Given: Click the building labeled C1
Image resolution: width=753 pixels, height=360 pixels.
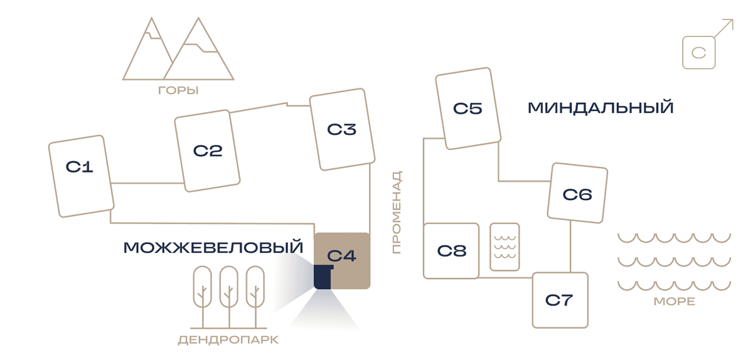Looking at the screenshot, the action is [82, 176].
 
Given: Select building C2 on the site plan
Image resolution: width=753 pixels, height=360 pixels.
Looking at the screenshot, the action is [207, 151].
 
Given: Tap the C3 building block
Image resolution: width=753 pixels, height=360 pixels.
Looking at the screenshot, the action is [342, 129].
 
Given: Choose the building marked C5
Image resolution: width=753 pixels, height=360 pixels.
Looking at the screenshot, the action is [468, 109].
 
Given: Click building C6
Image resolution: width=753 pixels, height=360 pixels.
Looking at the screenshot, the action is [577, 193].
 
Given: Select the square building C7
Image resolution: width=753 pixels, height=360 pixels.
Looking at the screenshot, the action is [560, 300].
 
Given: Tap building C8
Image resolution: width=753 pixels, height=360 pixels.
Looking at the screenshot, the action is [451, 251].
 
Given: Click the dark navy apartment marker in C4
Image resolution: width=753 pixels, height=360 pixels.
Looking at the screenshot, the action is [323, 277].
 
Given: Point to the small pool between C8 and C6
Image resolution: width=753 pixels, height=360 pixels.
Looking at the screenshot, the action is [505, 246].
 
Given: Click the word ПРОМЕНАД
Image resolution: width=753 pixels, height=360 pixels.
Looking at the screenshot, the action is [397, 212].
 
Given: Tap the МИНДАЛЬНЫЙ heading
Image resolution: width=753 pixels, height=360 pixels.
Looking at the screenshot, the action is [601, 107].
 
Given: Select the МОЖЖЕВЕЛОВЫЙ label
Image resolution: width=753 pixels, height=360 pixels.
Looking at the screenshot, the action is [213, 247].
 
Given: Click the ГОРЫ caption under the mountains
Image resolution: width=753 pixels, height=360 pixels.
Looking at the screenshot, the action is [178, 90].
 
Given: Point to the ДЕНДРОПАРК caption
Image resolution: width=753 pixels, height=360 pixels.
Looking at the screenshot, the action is [228, 340].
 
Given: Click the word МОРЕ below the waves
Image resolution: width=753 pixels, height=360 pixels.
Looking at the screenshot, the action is [675, 302].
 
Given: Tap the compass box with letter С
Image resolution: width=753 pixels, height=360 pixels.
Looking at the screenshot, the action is [699, 53].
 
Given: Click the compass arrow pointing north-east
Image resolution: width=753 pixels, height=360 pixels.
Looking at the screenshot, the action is [723, 28].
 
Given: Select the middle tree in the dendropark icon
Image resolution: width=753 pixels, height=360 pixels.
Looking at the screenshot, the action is [229, 297].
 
